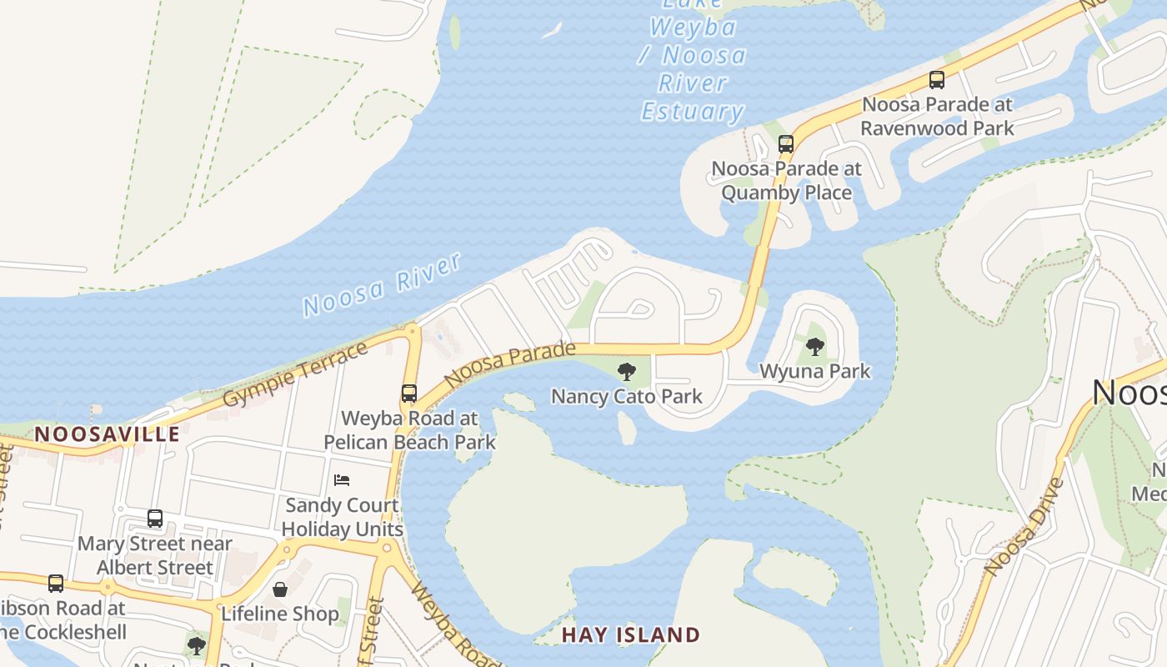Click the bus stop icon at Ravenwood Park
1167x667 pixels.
click(x=937, y=80)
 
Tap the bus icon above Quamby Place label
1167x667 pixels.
click(x=785, y=143)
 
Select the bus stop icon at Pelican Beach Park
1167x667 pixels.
click(x=408, y=394)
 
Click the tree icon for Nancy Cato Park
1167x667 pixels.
click(x=626, y=372)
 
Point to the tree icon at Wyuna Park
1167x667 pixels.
click(x=814, y=347)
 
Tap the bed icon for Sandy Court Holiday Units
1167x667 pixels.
click(x=342, y=480)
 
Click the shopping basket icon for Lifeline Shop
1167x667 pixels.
click(x=280, y=589)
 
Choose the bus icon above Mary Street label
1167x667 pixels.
click(x=155, y=519)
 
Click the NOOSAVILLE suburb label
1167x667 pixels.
click(x=107, y=434)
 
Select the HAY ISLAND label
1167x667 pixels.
click(x=630, y=635)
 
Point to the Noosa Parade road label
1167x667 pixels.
click(x=509, y=365)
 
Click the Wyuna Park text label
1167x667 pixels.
click(x=814, y=371)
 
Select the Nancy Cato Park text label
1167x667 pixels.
click(x=627, y=396)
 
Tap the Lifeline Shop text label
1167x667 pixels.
click(x=280, y=614)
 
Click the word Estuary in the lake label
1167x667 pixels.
click(x=692, y=112)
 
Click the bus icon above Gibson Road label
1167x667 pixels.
click(x=56, y=584)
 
